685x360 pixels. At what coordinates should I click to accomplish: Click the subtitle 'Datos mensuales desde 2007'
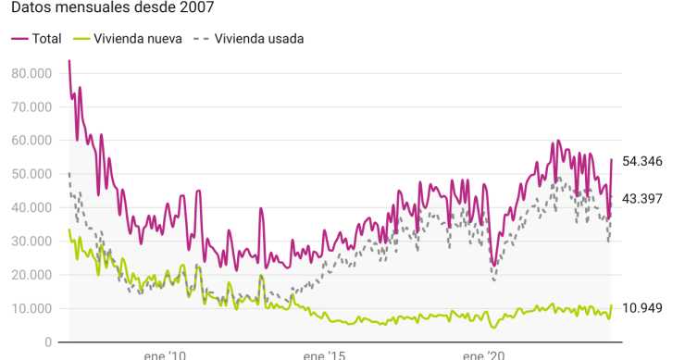tap(111, 9)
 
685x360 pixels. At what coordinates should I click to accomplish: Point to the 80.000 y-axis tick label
tap(32, 72)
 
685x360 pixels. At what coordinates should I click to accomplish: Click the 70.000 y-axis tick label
tap(32, 106)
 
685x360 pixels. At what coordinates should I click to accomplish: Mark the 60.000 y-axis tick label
tap(32, 140)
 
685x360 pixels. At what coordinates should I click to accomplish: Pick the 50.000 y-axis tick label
tap(32, 174)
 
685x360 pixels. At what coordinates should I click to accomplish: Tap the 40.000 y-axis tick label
tap(32, 207)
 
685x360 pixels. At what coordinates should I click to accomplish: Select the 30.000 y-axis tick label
tap(32, 241)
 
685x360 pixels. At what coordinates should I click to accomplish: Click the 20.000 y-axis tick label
tap(32, 275)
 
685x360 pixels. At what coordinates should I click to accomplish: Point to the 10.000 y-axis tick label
tap(32, 308)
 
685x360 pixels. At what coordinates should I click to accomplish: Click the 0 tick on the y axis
tap(48, 342)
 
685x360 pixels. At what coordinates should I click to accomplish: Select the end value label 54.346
tap(641, 161)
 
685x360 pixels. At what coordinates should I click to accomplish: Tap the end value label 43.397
tap(641, 198)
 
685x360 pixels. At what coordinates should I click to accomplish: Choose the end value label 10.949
tap(641, 308)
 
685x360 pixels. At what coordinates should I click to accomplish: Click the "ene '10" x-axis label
tap(165, 355)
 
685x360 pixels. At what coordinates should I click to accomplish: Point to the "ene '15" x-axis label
tap(323, 355)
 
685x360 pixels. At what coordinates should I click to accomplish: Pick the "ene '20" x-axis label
tap(482, 355)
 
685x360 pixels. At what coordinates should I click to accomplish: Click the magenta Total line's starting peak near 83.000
tap(69, 62)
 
